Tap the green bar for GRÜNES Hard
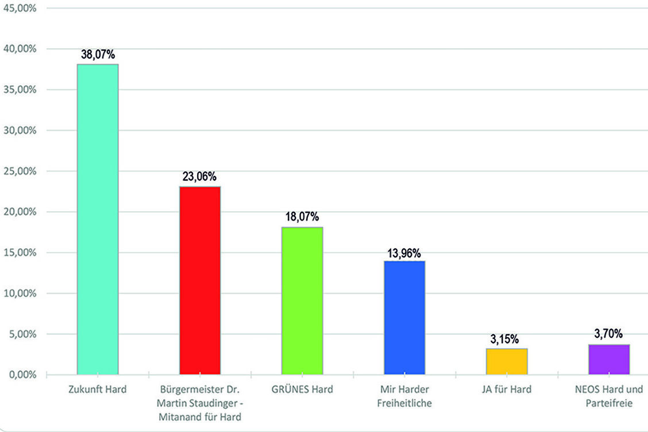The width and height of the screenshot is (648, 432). pyautogui.click(x=302, y=301)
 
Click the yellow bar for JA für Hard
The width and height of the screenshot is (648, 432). pyautogui.click(x=507, y=361)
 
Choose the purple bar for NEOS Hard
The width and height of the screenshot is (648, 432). pyautogui.click(x=609, y=360)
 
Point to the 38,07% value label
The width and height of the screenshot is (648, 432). pyautogui.click(x=98, y=55)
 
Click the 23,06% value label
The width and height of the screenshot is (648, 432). pyautogui.click(x=200, y=176)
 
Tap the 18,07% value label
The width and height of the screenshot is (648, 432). pyautogui.click(x=302, y=217)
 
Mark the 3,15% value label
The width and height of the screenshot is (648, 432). pyautogui.click(x=507, y=339)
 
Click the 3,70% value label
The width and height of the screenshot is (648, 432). pyautogui.click(x=609, y=333)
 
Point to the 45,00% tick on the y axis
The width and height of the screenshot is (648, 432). pyautogui.click(x=20, y=8)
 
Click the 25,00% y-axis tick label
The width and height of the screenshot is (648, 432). pyautogui.click(x=20, y=171)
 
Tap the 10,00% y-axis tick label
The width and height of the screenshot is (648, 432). pyautogui.click(x=20, y=294)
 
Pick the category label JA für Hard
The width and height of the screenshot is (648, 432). pyautogui.click(x=507, y=389)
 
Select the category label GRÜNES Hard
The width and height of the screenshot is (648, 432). pyautogui.click(x=302, y=389)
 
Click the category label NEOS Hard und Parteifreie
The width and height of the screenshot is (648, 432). pyautogui.click(x=609, y=396)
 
